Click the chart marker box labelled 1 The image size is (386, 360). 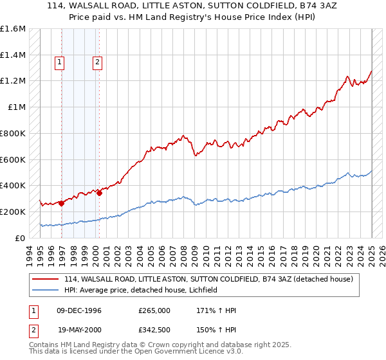pyautogui.click(x=59, y=62)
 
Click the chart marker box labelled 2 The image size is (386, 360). pyautogui.click(x=97, y=62)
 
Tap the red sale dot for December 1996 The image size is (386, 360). pyautogui.click(x=62, y=203)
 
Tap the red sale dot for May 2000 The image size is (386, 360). pyautogui.click(x=100, y=193)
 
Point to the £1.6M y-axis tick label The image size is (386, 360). pyautogui.click(x=13, y=29)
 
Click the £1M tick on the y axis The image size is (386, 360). pyautogui.click(x=17, y=107)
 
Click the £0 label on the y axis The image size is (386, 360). pyautogui.click(x=20, y=238)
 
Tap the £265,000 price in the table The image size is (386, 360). pyautogui.click(x=154, y=310)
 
